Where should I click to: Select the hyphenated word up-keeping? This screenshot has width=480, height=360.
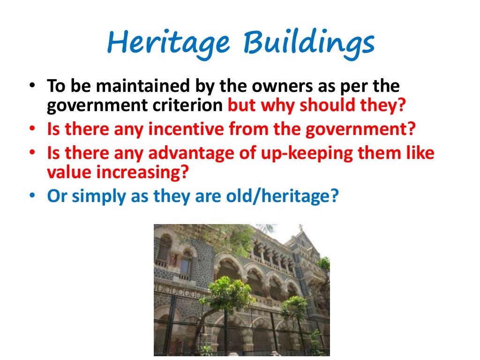point(311,153)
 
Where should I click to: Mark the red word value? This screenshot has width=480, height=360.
point(69,172)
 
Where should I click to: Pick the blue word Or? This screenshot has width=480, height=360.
point(57,196)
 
